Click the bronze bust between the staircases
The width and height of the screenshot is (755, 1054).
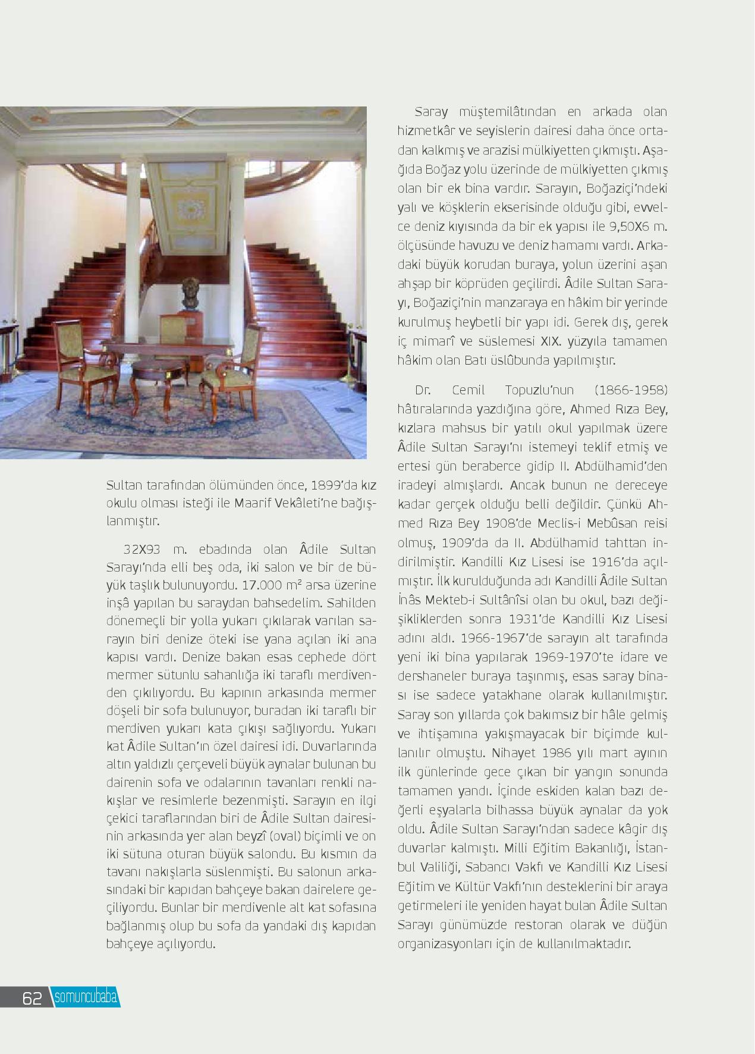tap(190, 293)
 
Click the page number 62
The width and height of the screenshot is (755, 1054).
tap(32, 998)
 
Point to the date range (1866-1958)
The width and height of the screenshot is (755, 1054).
tap(631, 390)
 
